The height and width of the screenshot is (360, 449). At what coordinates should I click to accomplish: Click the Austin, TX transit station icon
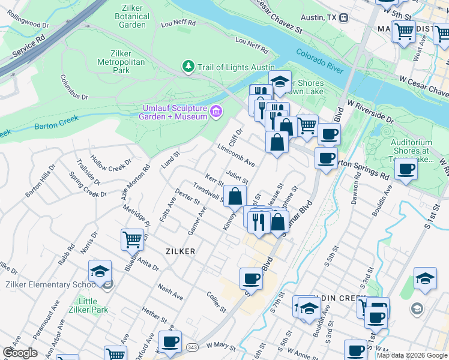point(343,18)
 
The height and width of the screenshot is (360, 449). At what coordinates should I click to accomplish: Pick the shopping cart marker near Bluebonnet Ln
point(132,239)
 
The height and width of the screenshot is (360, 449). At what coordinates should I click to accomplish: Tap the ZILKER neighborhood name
point(178,251)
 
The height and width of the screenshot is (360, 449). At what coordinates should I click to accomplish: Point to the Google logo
point(20,353)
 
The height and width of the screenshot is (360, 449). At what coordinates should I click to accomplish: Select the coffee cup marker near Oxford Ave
point(170,341)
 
